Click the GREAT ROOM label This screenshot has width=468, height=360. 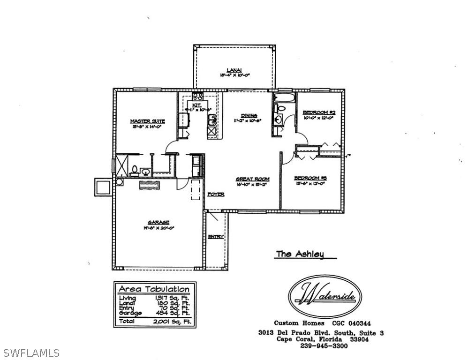pyautogui.click(x=252, y=179)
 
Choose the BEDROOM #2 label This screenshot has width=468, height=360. pyautogui.click(x=318, y=112)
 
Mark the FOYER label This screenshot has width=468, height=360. pyautogui.click(x=215, y=194)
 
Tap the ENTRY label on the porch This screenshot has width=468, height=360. pyautogui.click(x=215, y=237)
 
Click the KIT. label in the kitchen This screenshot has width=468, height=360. pyautogui.click(x=196, y=105)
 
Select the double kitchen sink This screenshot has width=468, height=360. pyautogui.click(x=212, y=120)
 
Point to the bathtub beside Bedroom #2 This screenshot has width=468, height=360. pyautogui.click(x=285, y=98)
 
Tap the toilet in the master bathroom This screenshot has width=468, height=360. pyautogui.click(x=134, y=170)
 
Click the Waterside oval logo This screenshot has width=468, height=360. pyautogui.click(x=324, y=297)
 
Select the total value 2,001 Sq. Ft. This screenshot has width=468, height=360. pyautogui.click(x=169, y=322)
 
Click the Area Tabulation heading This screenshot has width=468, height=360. pyautogui.click(x=154, y=289)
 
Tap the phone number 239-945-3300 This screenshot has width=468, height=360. pyautogui.click(x=324, y=346)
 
